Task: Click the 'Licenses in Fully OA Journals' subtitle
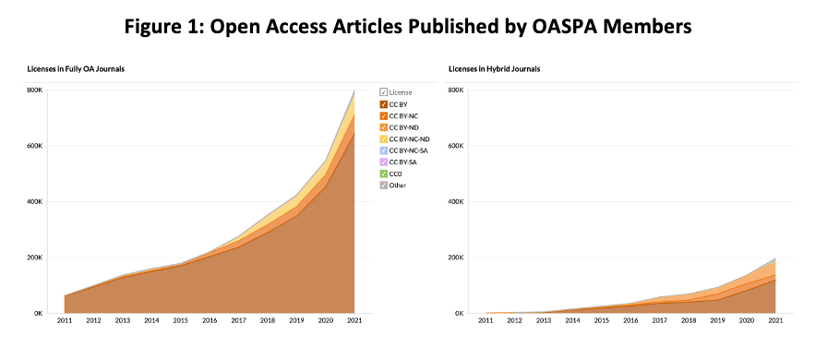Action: [x=76, y=68]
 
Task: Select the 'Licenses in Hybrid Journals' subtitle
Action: [x=494, y=68]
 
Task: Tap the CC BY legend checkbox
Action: [x=383, y=104]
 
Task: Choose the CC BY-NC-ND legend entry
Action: [x=404, y=138]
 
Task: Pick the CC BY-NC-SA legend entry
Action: [x=404, y=150]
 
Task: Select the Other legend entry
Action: [x=393, y=186]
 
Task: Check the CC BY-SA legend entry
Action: [x=399, y=162]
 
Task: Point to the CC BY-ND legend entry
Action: [x=399, y=127]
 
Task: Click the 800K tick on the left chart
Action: [x=35, y=90]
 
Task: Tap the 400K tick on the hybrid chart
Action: [x=456, y=201]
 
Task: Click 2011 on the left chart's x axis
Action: [x=64, y=320]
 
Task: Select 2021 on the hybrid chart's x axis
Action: [x=775, y=320]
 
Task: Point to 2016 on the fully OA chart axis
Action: [x=209, y=320]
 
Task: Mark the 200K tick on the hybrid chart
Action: [x=456, y=258]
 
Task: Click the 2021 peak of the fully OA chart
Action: [x=354, y=90]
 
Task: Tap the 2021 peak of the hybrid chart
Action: [x=775, y=258]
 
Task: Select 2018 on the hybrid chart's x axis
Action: [x=689, y=320]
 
